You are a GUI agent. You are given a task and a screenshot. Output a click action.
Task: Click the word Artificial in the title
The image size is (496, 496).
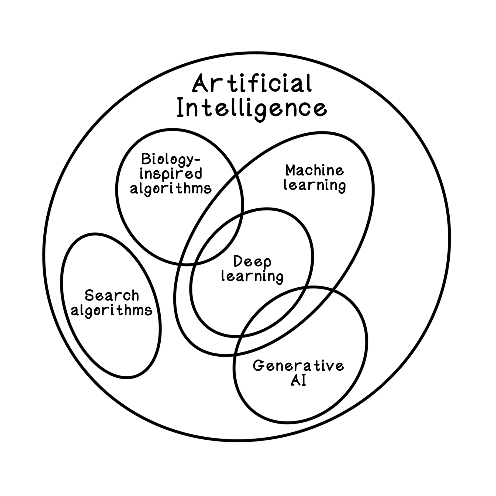(x=252, y=84)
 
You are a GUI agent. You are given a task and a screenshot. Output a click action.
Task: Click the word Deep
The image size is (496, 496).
(x=252, y=261)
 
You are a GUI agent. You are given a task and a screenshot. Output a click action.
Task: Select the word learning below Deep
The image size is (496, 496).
(x=252, y=277)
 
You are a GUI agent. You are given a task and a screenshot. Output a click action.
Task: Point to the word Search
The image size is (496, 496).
(x=112, y=295)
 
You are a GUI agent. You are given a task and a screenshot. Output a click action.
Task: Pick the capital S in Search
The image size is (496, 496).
(x=90, y=295)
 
